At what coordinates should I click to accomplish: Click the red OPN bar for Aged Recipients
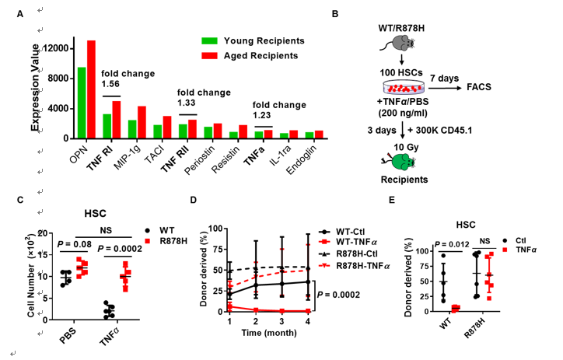click(91, 89)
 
